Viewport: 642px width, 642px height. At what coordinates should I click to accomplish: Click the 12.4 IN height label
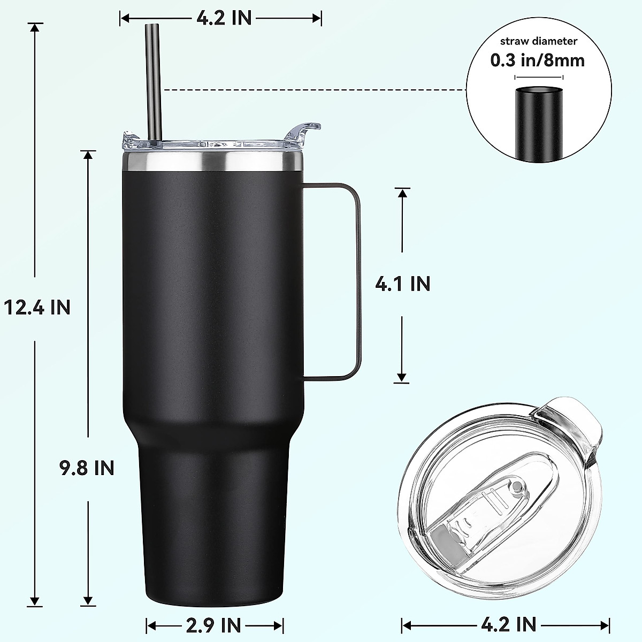pyautogui.click(x=36, y=307)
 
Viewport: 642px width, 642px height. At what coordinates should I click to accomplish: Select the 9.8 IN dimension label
pyautogui.click(x=87, y=468)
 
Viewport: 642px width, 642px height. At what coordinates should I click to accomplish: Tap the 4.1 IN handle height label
pyautogui.click(x=402, y=284)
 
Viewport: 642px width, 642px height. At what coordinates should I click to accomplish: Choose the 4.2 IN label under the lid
pyautogui.click(x=509, y=623)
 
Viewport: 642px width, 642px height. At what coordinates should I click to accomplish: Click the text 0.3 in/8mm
pyautogui.click(x=538, y=60)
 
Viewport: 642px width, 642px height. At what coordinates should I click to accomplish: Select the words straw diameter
pyautogui.click(x=538, y=41)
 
